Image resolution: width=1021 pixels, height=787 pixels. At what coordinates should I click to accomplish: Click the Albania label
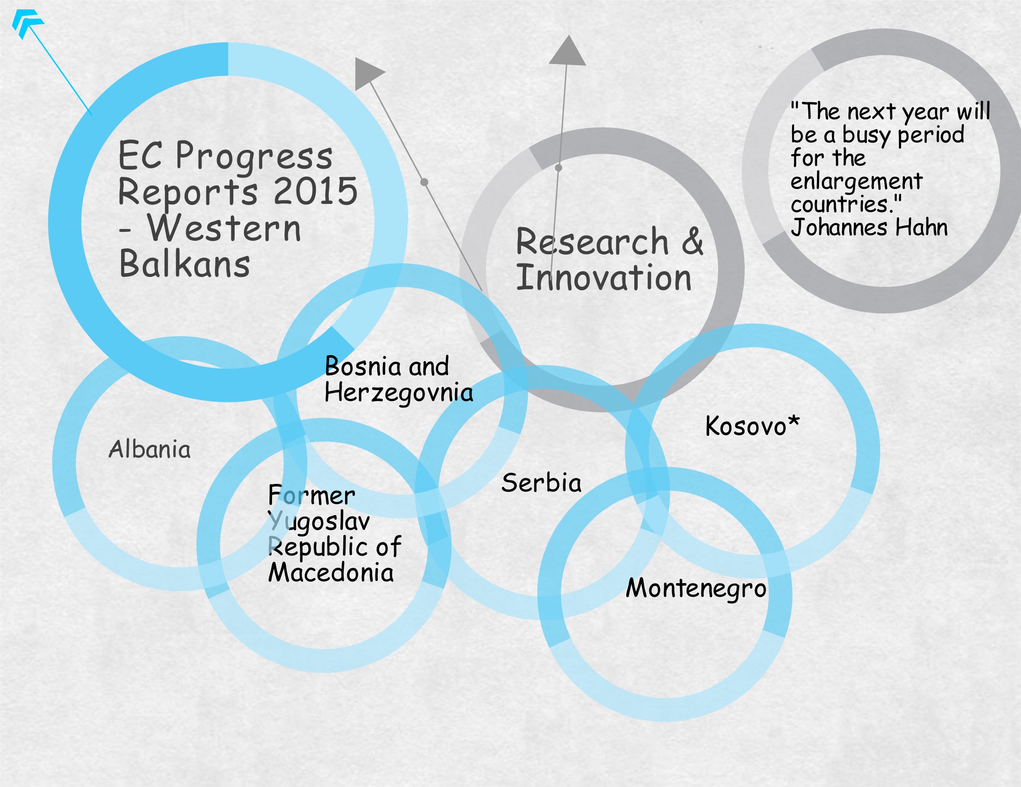click(150, 449)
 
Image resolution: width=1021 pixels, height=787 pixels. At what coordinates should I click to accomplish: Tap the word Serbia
click(541, 483)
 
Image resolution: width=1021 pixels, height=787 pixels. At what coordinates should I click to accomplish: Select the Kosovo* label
click(752, 425)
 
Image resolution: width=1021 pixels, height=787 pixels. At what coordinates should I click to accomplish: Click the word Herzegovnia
click(399, 393)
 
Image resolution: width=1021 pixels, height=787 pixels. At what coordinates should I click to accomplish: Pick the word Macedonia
click(331, 572)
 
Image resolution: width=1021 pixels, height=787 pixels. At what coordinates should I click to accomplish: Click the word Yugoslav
click(319, 522)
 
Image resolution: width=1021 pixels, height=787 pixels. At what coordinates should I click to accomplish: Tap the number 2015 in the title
click(315, 191)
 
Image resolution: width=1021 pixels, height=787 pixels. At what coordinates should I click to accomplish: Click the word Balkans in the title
click(185, 264)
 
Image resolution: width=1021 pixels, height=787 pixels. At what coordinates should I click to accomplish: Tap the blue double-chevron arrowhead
click(27, 23)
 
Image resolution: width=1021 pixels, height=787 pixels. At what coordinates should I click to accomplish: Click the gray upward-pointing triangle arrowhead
click(568, 50)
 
